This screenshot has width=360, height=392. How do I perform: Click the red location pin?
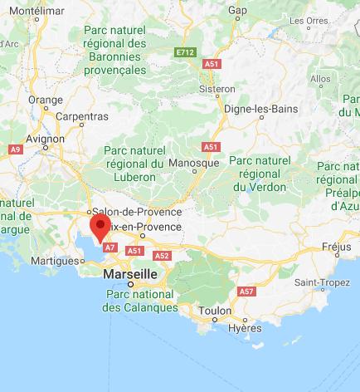[100, 227]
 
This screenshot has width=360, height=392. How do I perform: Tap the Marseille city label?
[129, 273]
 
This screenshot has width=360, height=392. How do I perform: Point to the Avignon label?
[46, 139]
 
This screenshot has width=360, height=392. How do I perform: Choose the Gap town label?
[238, 10]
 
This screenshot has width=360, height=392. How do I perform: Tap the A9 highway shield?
[14, 149]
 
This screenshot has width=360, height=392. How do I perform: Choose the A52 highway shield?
[162, 256]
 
